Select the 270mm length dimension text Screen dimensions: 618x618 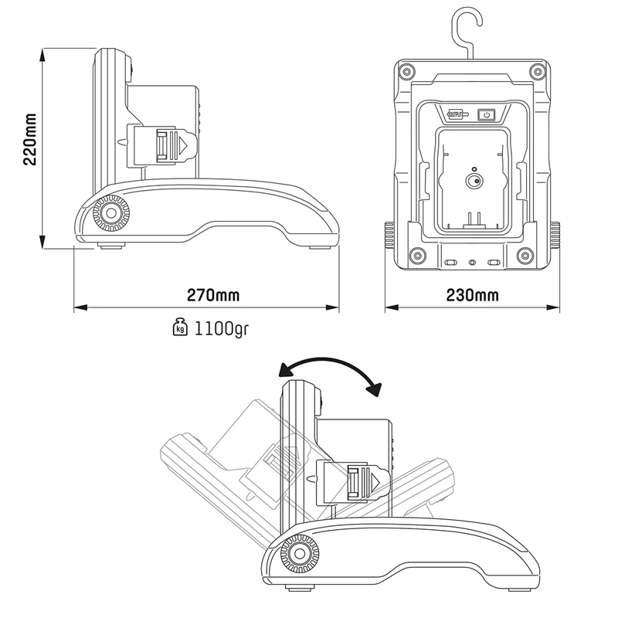(212, 296)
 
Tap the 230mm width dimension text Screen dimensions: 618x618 (473, 296)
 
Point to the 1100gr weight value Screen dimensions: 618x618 (221, 328)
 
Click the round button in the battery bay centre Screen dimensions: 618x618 (473, 182)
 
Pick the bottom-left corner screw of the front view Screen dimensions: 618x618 (418, 255)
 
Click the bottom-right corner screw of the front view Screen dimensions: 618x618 (526, 255)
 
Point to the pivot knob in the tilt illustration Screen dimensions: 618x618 (298, 552)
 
